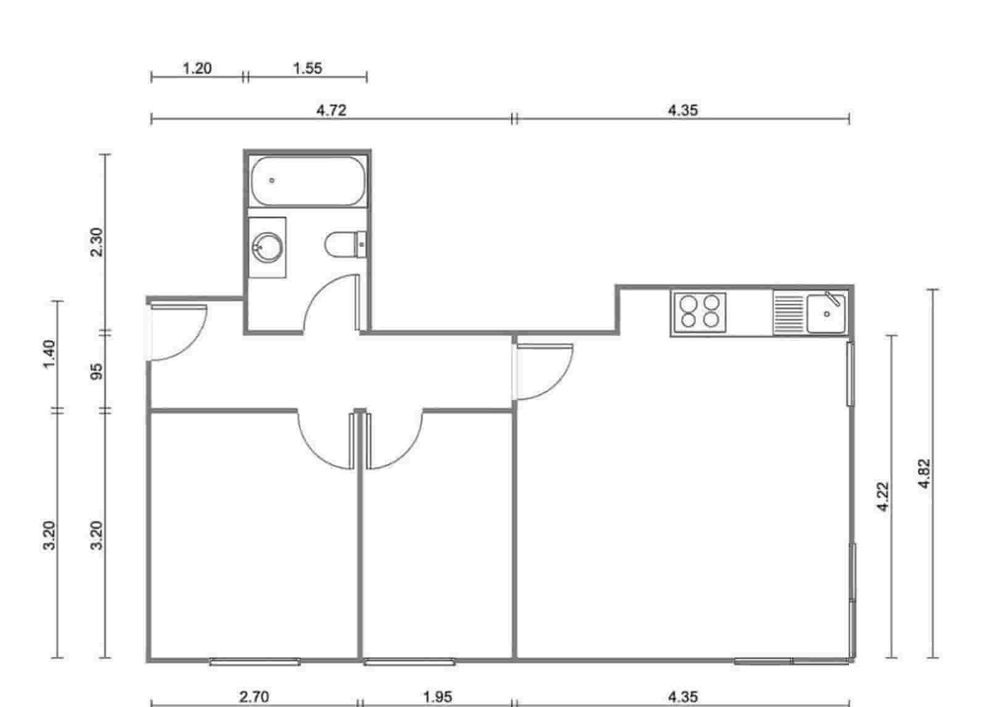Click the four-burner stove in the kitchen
point(699,311)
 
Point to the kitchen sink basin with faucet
point(826,313)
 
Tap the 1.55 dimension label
point(307,68)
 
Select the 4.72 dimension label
point(331,110)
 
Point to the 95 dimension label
point(97,371)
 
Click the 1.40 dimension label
point(50,353)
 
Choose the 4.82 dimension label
point(923,474)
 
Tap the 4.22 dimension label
point(883,496)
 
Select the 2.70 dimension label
point(254,697)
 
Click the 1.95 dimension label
point(437,697)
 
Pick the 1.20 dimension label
point(197,68)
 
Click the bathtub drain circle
point(272,181)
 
